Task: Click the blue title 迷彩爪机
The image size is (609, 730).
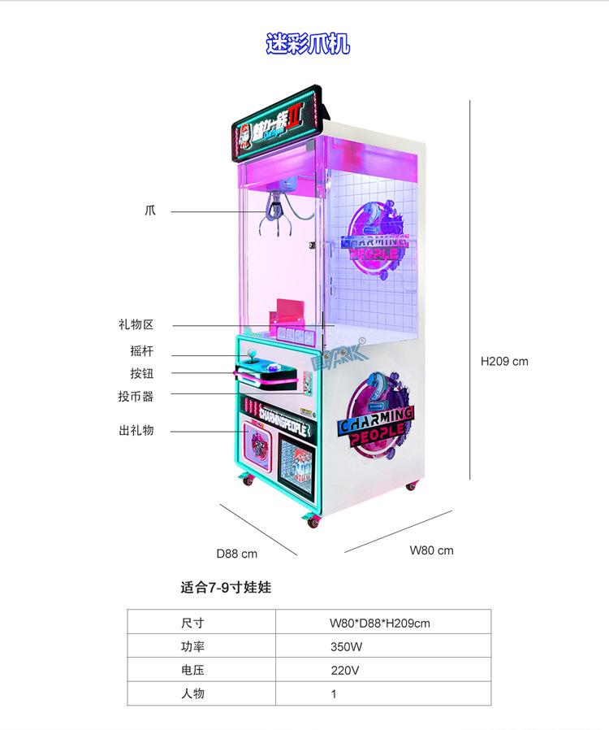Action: point(308,43)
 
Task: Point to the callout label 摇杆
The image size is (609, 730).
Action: point(141,352)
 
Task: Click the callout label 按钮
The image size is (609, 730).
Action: point(141,374)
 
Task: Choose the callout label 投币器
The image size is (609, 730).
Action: point(136,396)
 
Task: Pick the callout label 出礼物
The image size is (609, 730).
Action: point(136,430)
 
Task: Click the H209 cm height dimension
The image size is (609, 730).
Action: point(504,361)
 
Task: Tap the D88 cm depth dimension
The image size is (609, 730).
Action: point(236,554)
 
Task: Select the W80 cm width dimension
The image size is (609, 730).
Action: point(431,550)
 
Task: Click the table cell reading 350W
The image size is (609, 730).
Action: point(345,647)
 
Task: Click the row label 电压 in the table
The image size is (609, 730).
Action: point(192,671)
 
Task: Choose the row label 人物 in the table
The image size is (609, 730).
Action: point(192,694)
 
